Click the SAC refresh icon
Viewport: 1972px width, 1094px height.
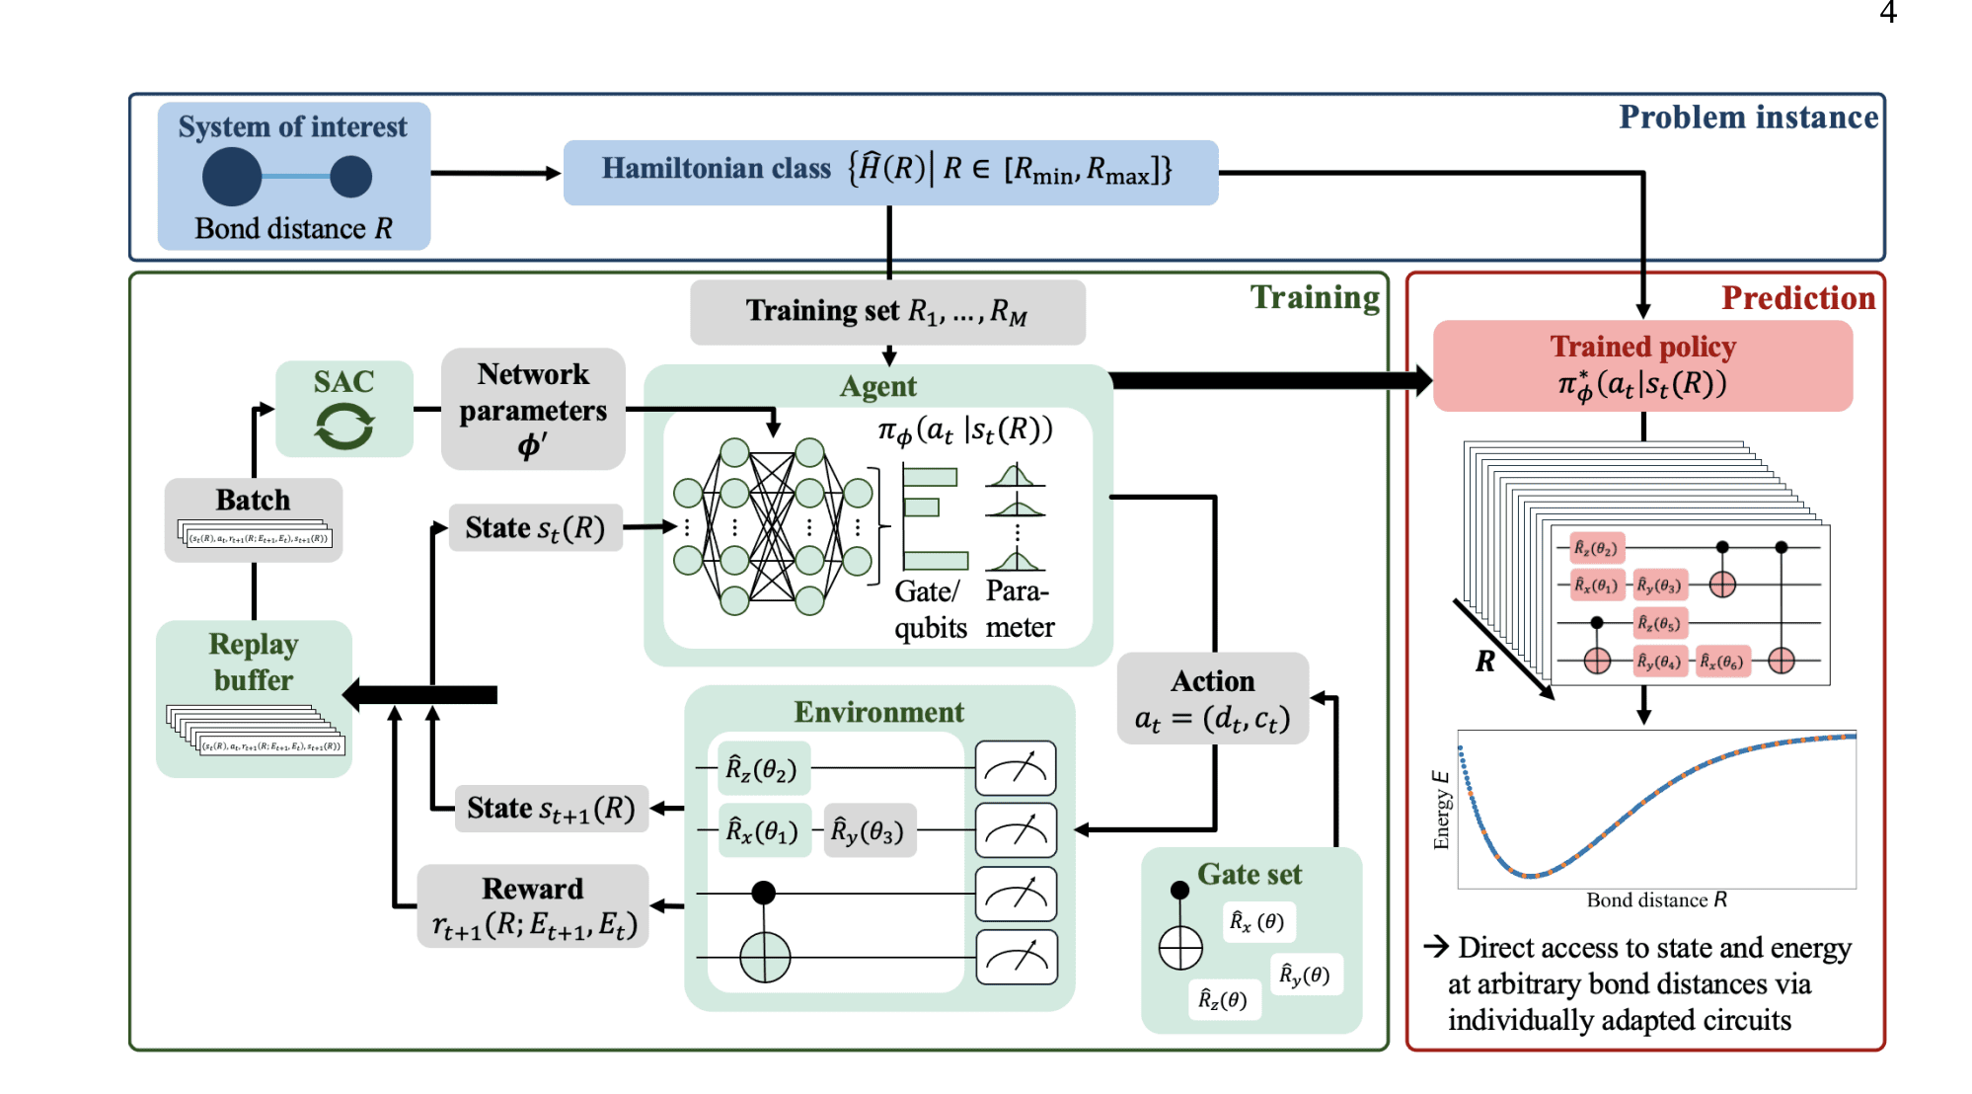tap(343, 428)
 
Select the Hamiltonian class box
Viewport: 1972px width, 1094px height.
tap(889, 172)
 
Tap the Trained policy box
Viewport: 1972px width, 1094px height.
tap(1642, 365)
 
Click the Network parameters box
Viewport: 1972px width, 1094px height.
tap(533, 409)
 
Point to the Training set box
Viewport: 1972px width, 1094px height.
tap(887, 312)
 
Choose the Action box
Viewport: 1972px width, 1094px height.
tap(1213, 699)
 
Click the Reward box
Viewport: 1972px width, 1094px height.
tap(533, 906)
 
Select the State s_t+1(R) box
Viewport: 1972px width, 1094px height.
tap(551, 809)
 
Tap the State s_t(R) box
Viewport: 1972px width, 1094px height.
tap(535, 528)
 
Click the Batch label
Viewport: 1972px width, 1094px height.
tap(253, 500)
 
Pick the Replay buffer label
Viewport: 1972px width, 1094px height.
tap(254, 662)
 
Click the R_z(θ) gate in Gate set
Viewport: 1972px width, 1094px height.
tap(1223, 999)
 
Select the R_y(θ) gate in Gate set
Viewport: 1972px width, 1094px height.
tap(1305, 975)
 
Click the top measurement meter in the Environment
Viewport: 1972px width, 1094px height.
tap(1016, 768)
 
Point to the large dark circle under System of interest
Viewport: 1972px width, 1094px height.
tap(232, 178)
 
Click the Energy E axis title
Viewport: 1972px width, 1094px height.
tap(1441, 810)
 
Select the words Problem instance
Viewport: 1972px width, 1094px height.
tap(1748, 117)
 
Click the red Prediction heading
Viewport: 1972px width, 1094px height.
tap(1797, 298)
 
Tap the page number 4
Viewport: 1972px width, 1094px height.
tap(1888, 13)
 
